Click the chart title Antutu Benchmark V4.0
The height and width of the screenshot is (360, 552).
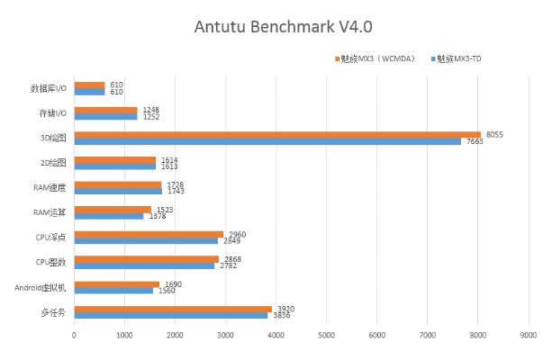pyautogui.click(x=276, y=26)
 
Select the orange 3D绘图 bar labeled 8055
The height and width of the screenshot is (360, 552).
pyautogui.click(x=277, y=135)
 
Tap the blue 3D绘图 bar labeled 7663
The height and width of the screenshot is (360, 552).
pyautogui.click(x=267, y=141)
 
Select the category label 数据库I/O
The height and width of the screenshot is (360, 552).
pyautogui.click(x=49, y=89)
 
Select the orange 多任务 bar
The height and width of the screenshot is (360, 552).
pyautogui.click(x=173, y=309)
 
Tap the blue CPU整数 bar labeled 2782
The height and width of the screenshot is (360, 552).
pyautogui.click(x=144, y=265)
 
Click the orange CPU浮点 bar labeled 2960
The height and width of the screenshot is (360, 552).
pyautogui.click(x=149, y=234)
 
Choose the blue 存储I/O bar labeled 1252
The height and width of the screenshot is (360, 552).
pyautogui.click(x=106, y=116)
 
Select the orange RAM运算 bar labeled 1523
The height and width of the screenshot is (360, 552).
pyautogui.click(x=113, y=210)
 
